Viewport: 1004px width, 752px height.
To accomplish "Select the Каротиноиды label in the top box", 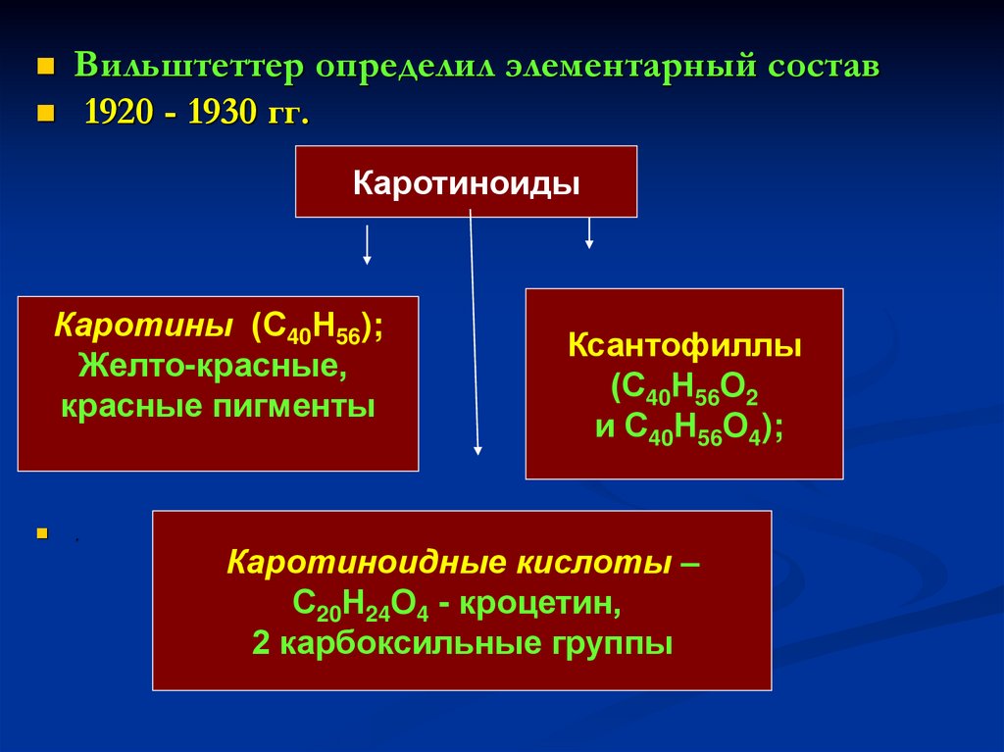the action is [x=466, y=183].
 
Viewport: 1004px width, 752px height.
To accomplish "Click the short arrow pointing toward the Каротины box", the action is [x=367, y=245].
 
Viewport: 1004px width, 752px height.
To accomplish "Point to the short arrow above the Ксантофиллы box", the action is [x=589, y=232].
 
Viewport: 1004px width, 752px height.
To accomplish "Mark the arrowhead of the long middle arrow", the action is [x=478, y=449].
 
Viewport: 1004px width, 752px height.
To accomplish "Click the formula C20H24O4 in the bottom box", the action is [x=361, y=604].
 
